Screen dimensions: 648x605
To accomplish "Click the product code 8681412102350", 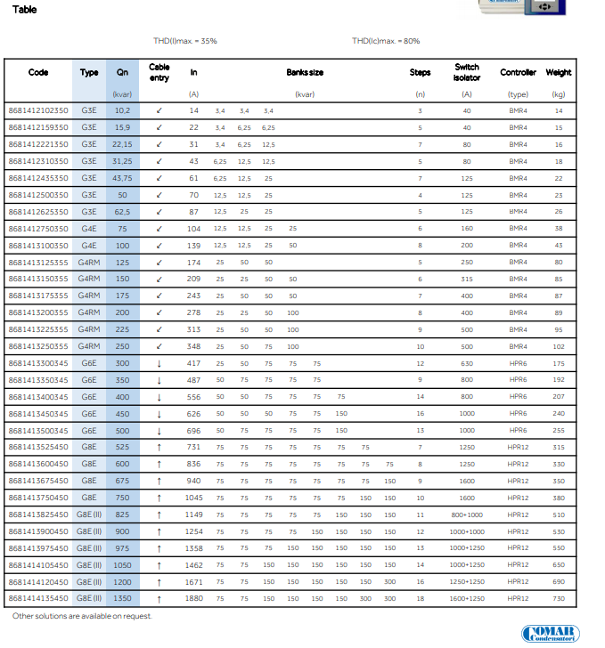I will point(37,110).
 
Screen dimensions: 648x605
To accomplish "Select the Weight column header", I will point(559,72).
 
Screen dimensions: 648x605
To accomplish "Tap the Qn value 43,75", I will point(122,178).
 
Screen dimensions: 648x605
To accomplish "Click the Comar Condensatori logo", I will point(550,634).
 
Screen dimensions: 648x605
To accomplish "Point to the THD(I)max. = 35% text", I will point(184,41).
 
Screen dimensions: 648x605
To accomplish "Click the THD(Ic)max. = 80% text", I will point(386,41).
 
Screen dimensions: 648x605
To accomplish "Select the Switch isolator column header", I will point(467,72).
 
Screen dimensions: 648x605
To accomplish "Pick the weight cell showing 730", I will point(559,598).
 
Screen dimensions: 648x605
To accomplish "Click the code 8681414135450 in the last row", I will point(37,598).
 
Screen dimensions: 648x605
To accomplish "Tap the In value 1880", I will point(193,598).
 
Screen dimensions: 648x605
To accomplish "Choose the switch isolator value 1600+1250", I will point(467,598).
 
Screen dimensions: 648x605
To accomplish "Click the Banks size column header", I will point(305,72).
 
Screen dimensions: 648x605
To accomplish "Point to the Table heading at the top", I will point(25,9).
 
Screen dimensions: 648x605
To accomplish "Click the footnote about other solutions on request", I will point(82,616).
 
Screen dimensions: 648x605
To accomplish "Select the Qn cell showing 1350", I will point(122,598).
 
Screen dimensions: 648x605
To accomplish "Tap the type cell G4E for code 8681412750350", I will point(89,228).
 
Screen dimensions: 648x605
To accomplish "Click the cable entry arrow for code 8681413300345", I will point(159,363).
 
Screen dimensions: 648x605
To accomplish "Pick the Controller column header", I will point(518,72).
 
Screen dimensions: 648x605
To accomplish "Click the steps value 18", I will point(420,598).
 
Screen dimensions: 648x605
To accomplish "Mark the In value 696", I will point(193,430).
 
